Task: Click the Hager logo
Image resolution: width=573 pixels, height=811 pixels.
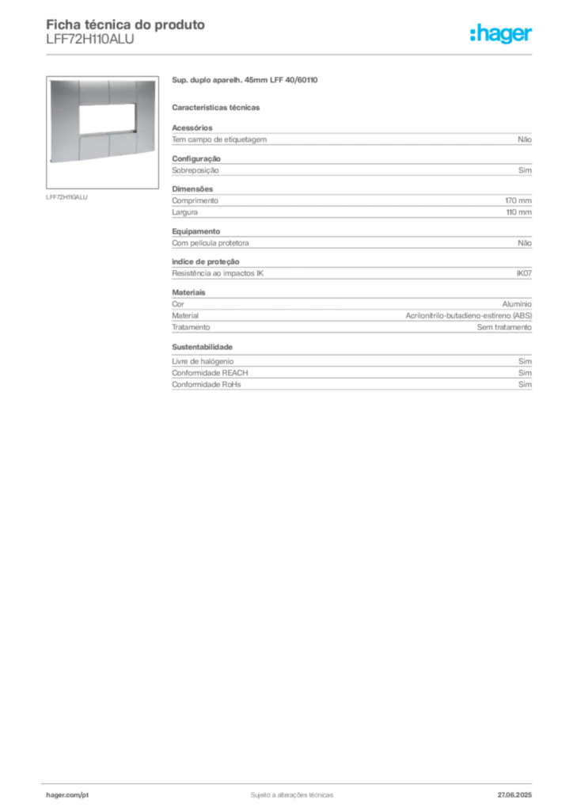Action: [x=500, y=33]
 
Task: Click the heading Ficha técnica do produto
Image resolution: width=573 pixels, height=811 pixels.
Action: [x=126, y=25]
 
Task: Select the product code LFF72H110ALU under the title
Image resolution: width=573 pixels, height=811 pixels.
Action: [x=90, y=40]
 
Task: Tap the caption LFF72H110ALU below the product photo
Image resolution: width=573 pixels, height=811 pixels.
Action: [x=66, y=197]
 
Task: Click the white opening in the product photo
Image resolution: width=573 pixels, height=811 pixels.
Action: [x=108, y=119]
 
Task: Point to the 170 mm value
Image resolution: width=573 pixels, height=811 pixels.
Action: [x=518, y=200]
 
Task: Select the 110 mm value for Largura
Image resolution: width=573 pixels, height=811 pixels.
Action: [x=518, y=212]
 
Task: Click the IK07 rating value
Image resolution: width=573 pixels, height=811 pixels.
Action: [x=524, y=273]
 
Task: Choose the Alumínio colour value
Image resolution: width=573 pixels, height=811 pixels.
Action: [x=517, y=304]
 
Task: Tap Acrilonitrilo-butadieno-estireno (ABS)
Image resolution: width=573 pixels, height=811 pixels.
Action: [x=469, y=315]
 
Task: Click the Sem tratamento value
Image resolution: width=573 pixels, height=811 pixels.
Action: [x=504, y=327]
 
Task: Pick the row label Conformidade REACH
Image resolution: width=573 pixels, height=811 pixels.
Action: [x=210, y=373]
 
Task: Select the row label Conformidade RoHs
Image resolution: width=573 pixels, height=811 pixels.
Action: [x=206, y=384]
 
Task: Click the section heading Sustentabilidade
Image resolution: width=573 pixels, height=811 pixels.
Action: [x=202, y=347]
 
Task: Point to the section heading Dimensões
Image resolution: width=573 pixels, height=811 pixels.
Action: [x=192, y=189]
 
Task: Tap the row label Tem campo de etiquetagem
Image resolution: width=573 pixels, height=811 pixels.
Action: [x=219, y=139]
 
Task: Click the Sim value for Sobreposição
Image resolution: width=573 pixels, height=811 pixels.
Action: [x=525, y=170]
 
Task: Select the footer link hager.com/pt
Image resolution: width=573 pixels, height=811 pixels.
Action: [x=67, y=795]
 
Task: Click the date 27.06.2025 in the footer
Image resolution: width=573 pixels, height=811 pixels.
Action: [x=514, y=795]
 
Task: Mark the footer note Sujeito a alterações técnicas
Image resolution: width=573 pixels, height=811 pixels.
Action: [x=292, y=795]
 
